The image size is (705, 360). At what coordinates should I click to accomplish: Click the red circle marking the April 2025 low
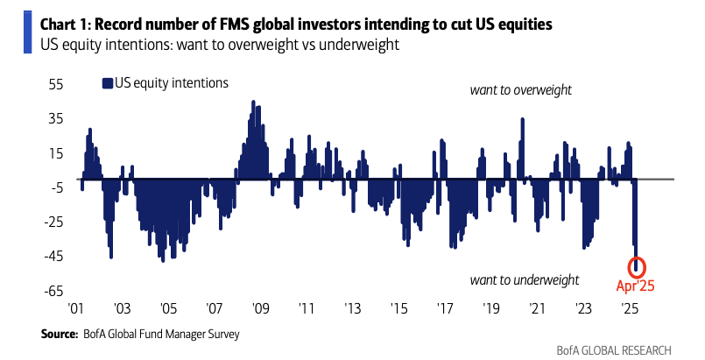click(637, 266)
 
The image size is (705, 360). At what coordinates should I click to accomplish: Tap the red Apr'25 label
click(636, 285)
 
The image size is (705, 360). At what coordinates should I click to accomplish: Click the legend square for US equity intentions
click(107, 83)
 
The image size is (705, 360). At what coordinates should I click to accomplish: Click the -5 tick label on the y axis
click(55, 187)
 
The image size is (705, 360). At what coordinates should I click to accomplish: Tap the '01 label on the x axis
click(76, 309)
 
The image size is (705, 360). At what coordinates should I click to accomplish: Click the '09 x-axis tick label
click(260, 309)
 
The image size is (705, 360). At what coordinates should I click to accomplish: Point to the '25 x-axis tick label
click(628, 309)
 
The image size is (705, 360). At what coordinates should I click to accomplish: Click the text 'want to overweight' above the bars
click(521, 90)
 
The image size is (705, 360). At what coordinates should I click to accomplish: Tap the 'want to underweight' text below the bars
click(525, 280)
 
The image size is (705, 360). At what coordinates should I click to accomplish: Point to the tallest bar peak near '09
click(253, 102)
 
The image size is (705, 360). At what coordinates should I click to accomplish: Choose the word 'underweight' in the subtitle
click(363, 44)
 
